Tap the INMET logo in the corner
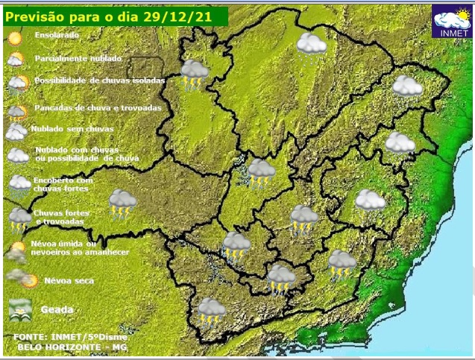click(452, 22)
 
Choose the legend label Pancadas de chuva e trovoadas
click(97, 107)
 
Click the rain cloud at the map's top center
click(311, 45)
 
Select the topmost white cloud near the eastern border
click(407, 86)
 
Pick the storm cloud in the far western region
click(122, 203)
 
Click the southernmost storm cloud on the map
click(211, 312)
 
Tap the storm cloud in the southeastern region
click(342, 263)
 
